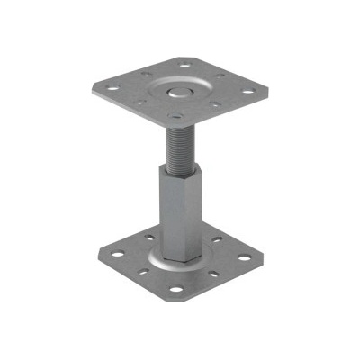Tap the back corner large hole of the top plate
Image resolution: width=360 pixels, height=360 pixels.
pyautogui.click(x=186, y=65)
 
